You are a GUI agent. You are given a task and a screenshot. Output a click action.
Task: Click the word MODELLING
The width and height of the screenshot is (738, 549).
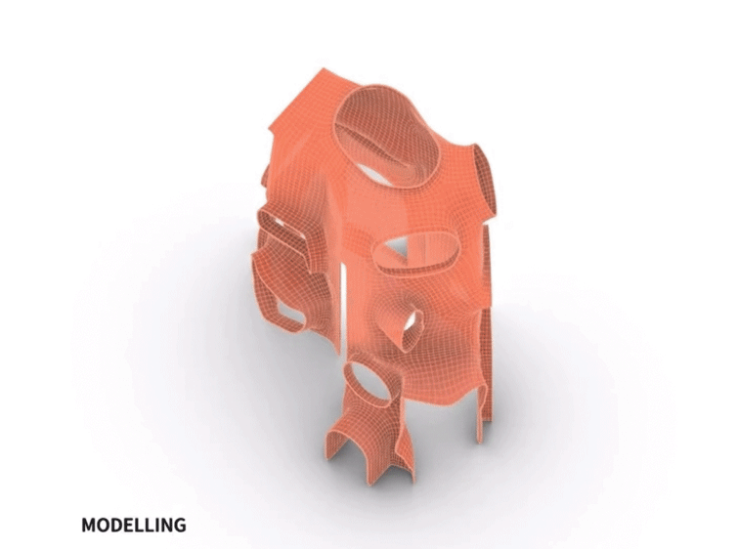tap(134, 525)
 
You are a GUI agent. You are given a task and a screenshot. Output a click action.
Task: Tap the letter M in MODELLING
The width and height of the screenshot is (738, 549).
tap(89, 525)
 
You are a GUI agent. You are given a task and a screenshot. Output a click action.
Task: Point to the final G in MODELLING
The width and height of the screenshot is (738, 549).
tap(180, 525)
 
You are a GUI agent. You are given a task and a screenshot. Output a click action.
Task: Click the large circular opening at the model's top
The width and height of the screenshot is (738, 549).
tap(387, 137)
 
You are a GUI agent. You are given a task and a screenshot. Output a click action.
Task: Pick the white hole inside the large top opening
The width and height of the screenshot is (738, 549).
tap(373, 174)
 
